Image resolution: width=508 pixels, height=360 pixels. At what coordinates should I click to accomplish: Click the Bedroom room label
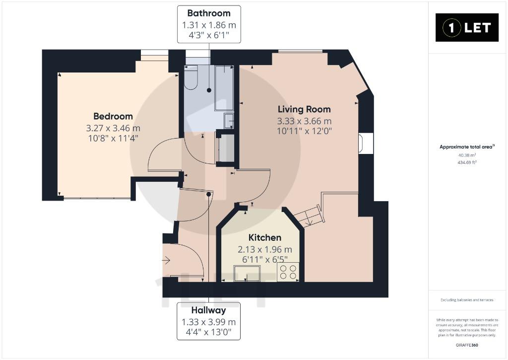113,116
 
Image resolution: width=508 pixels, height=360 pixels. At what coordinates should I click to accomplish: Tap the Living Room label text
304,109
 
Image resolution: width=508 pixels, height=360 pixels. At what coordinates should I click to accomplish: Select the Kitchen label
265,237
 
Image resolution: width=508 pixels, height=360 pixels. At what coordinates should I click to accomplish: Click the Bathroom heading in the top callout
209,13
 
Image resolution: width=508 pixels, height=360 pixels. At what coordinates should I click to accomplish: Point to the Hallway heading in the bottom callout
209,310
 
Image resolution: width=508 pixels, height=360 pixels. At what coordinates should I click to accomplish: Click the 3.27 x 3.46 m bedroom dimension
113,128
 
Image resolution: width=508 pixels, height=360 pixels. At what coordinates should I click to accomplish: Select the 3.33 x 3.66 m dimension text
304,121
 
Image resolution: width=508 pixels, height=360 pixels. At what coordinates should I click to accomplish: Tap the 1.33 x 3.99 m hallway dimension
209,322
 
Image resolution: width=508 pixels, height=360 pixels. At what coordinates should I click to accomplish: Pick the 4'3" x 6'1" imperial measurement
209,35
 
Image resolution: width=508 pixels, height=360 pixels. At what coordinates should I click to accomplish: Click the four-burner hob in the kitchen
288,272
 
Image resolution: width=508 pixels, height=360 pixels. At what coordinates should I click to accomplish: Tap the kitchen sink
247,274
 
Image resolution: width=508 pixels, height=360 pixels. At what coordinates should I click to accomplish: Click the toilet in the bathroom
191,77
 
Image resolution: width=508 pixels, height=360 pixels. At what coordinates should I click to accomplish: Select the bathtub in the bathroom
224,88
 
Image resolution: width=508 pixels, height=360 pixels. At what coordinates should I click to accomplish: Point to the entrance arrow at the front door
166,260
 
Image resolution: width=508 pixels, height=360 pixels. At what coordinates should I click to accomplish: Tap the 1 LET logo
467,28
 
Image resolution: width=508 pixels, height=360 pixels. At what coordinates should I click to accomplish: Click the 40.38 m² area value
467,155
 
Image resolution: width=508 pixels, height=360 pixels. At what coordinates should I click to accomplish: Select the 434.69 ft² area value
467,162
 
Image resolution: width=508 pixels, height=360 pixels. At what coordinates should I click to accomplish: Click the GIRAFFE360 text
467,345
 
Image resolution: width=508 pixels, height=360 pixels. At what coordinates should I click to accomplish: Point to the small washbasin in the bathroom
229,120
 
